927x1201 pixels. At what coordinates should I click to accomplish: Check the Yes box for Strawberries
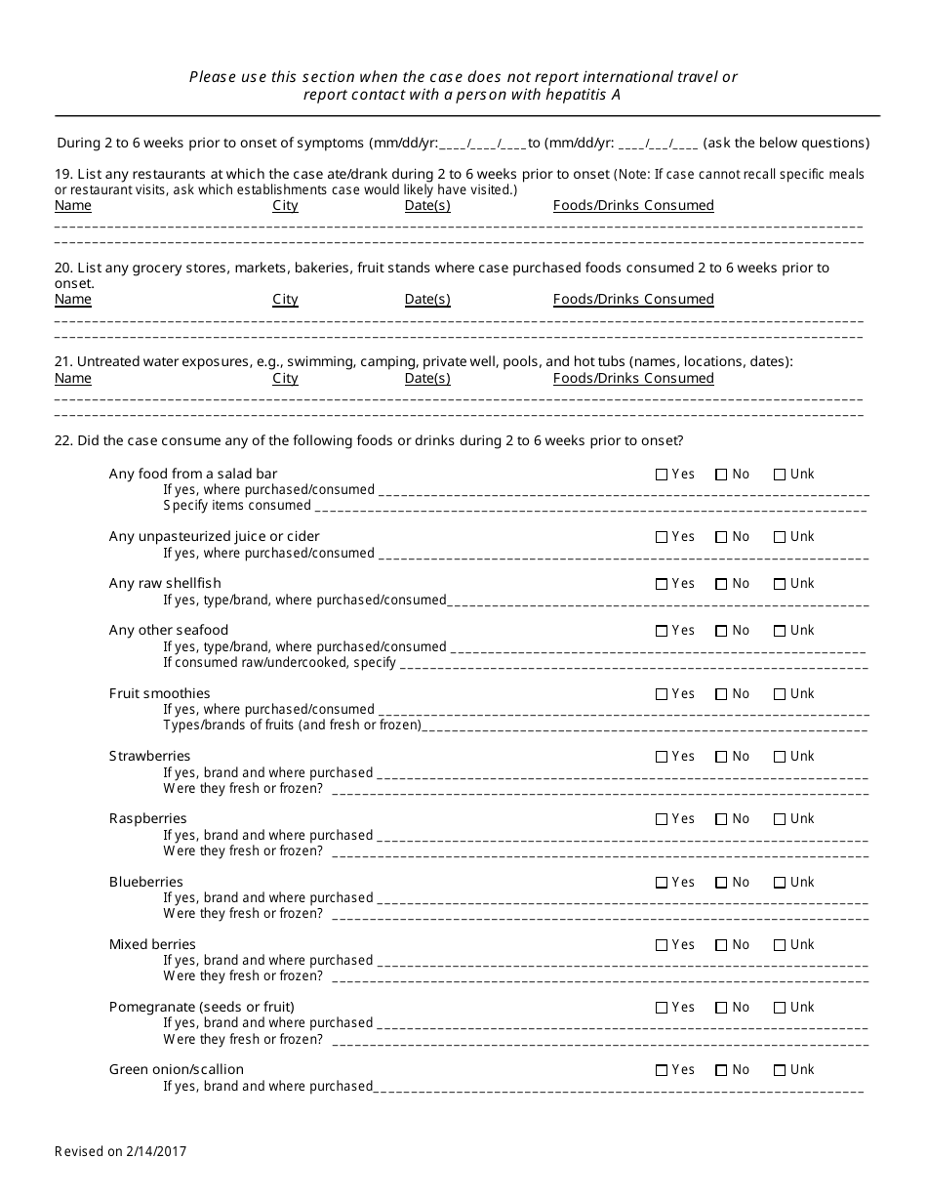662,757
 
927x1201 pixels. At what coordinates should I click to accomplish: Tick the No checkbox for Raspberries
721,819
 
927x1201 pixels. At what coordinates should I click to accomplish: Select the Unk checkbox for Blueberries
780,883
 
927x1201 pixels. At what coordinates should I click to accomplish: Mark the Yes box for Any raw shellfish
662,584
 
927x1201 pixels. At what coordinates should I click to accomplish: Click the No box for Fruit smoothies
721,694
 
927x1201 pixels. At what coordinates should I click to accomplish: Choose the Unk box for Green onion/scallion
780,1070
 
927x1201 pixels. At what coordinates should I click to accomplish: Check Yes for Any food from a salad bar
662,475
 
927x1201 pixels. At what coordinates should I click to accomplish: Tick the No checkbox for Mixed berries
721,945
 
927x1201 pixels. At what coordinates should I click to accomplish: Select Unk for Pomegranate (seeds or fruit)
780,1008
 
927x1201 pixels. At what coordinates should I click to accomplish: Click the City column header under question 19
285,206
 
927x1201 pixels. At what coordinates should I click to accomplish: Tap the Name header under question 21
72,379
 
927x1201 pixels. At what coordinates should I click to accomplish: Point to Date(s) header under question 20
427,300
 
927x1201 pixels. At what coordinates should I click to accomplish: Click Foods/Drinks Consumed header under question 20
633,300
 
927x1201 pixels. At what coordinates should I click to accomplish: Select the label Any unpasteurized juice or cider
214,536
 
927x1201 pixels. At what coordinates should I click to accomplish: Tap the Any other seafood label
168,630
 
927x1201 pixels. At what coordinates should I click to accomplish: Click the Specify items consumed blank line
590,507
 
